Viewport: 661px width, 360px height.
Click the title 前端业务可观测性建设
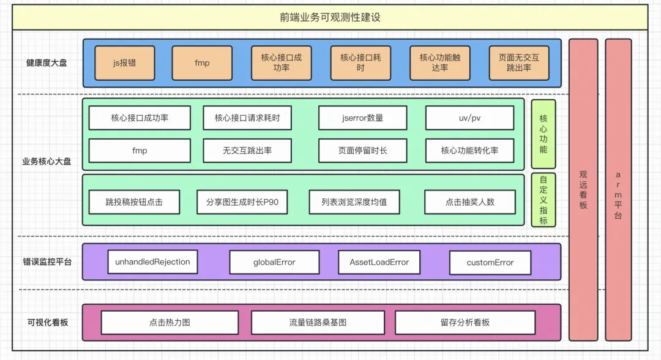330,17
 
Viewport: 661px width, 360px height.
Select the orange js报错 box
124,63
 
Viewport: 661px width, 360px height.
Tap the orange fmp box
202,63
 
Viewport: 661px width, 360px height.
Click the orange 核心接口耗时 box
360,63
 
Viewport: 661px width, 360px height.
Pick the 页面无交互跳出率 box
518,63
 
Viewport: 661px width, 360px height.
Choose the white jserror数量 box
362,118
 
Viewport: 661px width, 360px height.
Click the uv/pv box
469,118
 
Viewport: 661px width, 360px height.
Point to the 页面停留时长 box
362,151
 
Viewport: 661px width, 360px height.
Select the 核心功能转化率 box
469,151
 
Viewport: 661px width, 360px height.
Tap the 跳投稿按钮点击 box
134,202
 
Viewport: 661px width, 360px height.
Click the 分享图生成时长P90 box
242,202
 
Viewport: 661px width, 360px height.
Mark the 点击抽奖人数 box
469,202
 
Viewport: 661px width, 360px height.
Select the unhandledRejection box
152,262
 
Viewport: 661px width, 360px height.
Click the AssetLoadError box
379,262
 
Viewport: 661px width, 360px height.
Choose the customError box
490,263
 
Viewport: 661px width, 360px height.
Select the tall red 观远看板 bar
583,189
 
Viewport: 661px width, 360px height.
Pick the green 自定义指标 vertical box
543,200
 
